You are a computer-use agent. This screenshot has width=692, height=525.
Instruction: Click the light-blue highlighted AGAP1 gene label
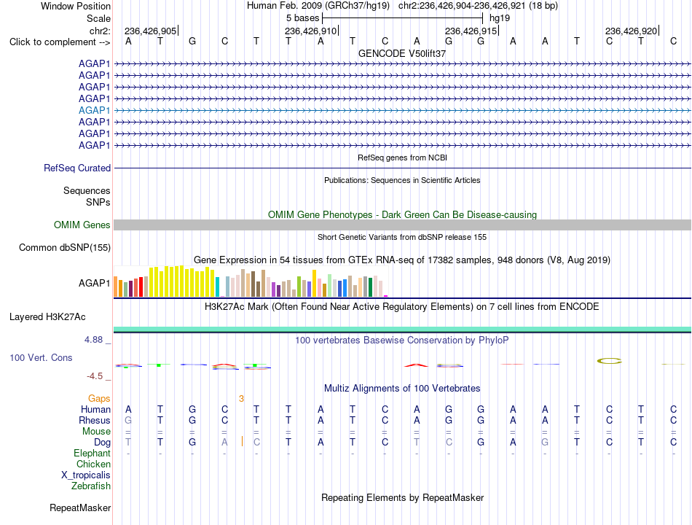(94, 111)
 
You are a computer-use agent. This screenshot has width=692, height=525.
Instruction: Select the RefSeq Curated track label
(77, 168)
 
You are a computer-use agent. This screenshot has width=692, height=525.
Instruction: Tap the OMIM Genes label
(82, 225)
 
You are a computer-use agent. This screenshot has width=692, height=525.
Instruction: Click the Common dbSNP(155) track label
(64, 247)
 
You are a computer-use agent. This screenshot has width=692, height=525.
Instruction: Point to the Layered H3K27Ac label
(47, 317)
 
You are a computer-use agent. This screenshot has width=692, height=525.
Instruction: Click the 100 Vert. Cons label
(41, 357)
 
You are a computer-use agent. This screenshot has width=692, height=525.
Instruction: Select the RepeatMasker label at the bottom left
(80, 507)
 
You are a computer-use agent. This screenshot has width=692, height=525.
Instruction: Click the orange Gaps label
(99, 399)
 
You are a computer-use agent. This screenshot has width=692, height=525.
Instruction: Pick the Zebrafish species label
(91, 486)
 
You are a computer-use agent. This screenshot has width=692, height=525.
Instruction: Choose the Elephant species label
(92, 454)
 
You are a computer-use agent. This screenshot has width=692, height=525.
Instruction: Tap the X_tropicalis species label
(86, 475)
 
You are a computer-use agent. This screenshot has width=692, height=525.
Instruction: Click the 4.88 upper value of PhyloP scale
(93, 340)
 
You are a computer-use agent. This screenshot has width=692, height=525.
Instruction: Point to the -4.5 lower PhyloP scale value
(95, 376)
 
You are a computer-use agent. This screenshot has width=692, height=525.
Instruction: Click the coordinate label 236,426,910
(311, 31)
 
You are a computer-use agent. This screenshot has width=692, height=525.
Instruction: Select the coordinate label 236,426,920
(631, 31)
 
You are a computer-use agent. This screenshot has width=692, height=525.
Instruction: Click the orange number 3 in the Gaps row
(241, 399)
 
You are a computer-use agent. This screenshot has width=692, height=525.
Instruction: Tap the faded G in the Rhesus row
(128, 420)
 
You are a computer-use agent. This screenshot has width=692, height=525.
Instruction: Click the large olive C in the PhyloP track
(609, 361)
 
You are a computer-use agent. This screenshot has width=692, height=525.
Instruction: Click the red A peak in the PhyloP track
(416, 365)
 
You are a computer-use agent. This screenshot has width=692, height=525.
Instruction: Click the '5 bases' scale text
(302, 18)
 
